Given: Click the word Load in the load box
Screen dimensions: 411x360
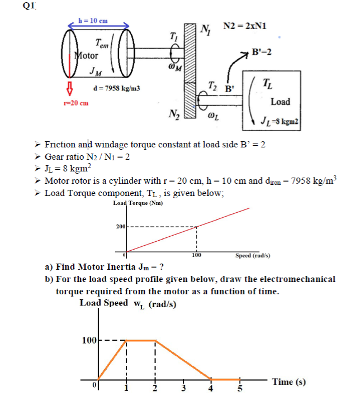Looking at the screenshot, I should coord(280,102).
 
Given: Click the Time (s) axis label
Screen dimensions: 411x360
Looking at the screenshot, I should coord(288,382).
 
